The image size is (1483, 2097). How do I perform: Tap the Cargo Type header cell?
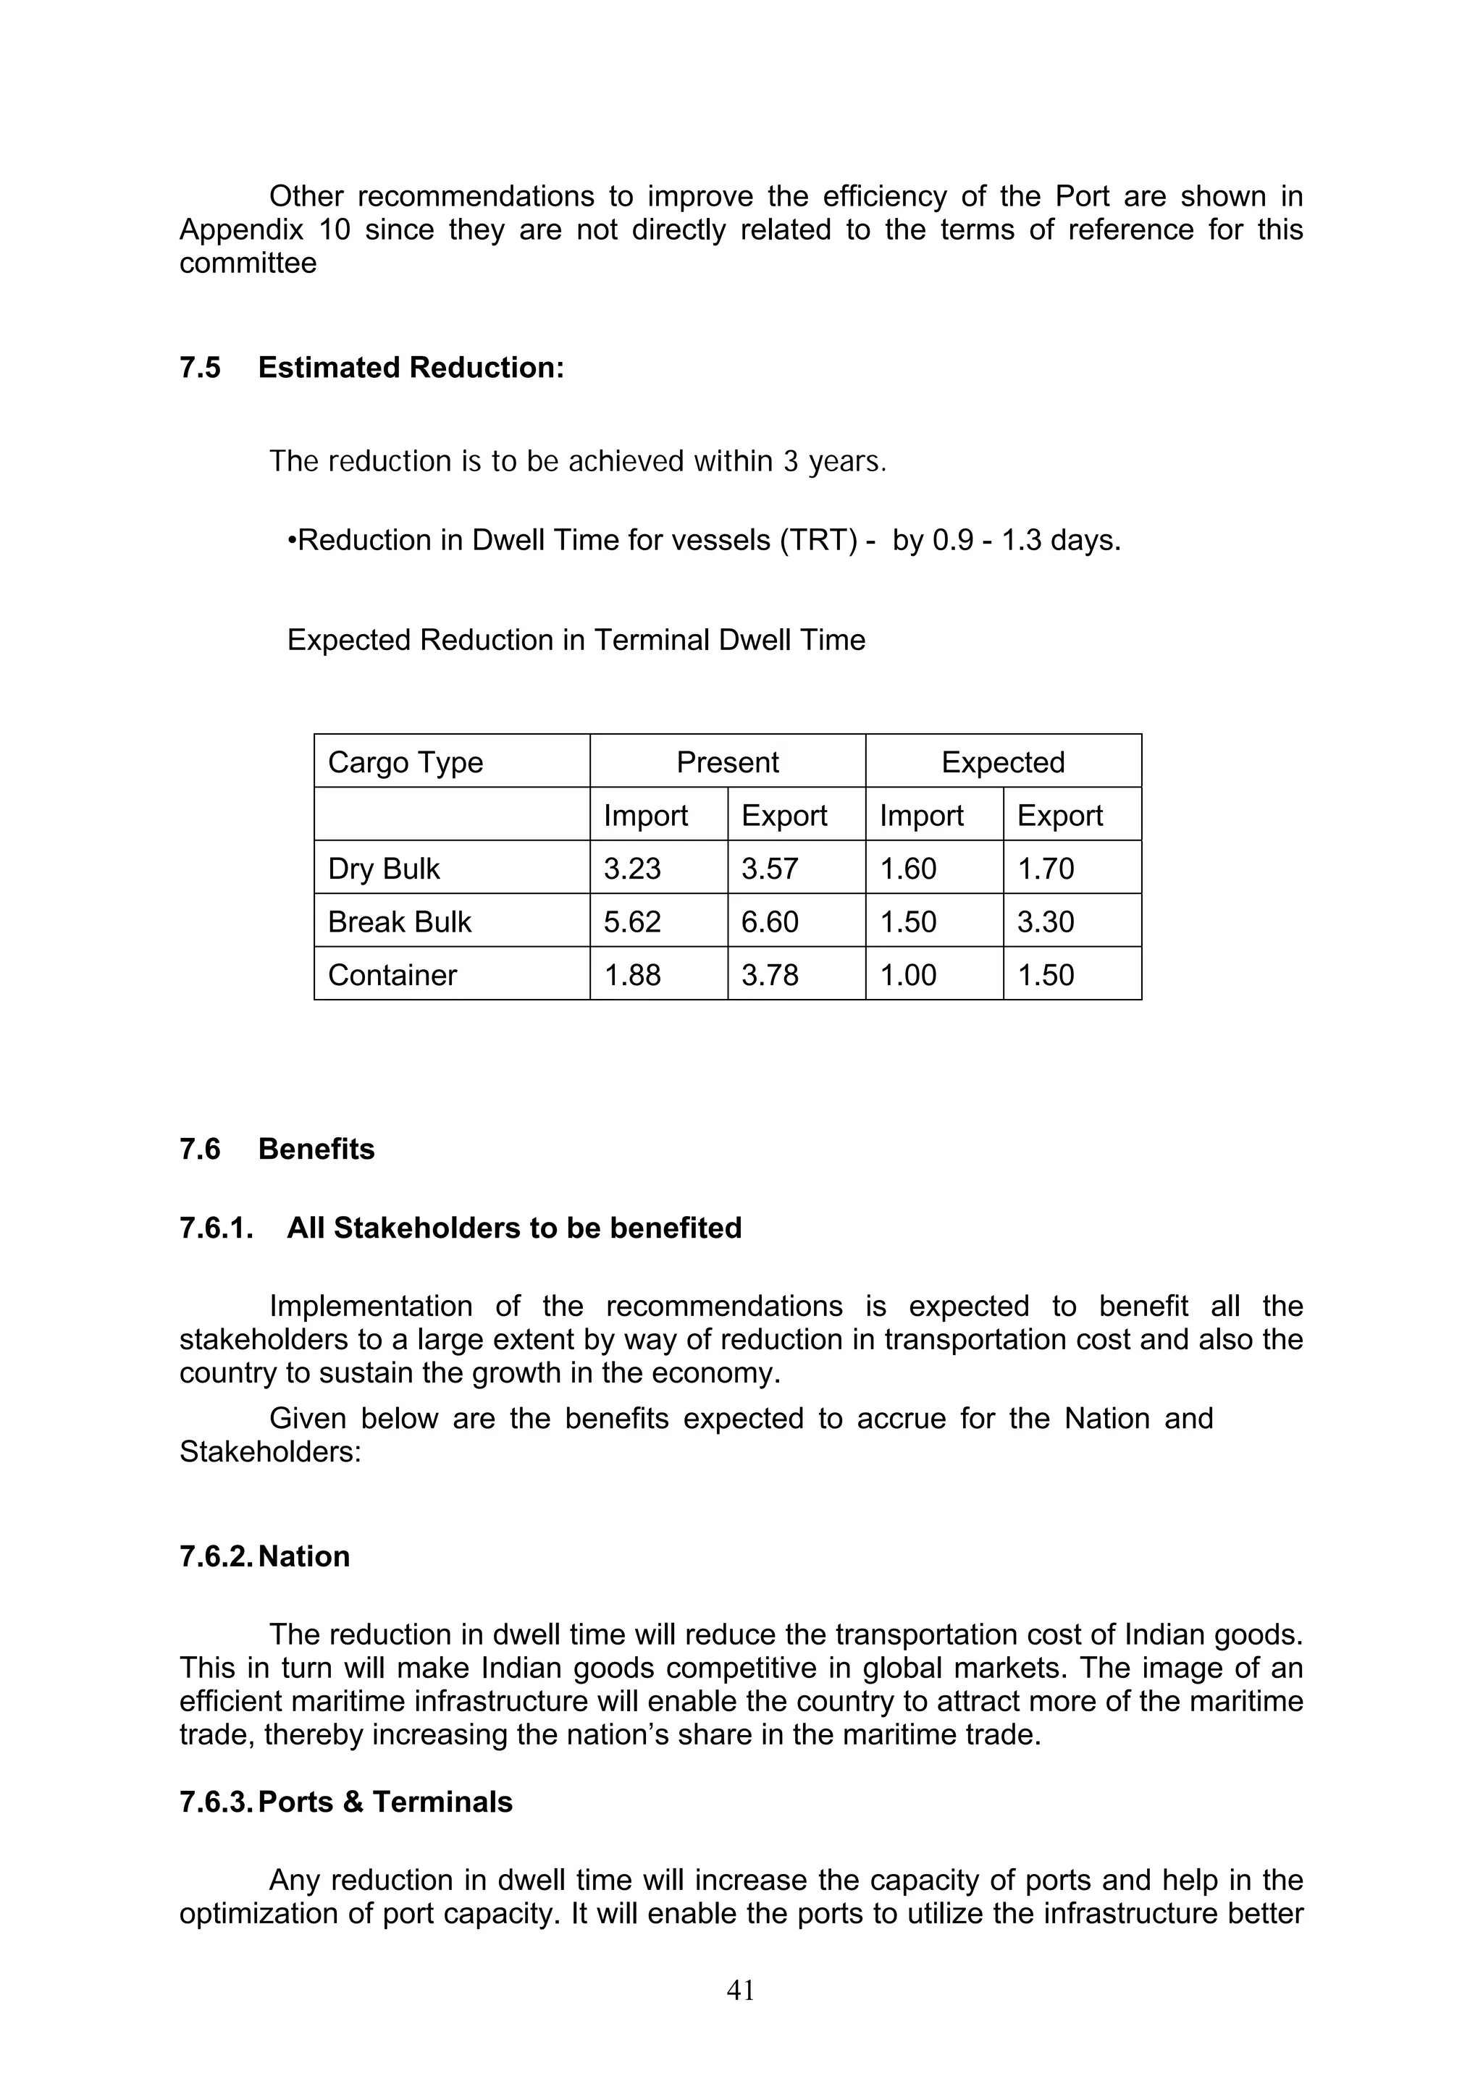pos(405,761)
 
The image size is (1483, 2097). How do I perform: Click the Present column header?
pos(727,761)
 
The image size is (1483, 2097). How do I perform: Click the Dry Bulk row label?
pos(384,868)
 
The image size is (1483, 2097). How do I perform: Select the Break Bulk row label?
pos(399,921)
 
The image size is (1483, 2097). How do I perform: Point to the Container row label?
pos(392,974)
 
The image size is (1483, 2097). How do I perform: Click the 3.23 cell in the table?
pos(631,868)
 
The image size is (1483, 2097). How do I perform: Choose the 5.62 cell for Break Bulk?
pos(631,921)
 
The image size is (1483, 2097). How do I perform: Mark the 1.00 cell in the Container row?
pos(907,974)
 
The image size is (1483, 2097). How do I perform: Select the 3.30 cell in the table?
pos(1046,921)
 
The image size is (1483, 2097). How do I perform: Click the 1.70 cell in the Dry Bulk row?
pos(1046,868)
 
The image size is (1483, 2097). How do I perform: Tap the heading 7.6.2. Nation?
pos(264,1556)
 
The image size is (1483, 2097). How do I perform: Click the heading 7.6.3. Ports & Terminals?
pos(345,1802)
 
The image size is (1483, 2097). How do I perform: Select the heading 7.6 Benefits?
pos(277,1148)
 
